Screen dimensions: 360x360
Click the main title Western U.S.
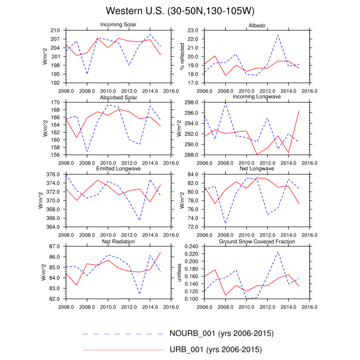pyautogui.click(x=181, y=11)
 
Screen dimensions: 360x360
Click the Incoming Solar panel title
pyautogui.click(x=118, y=25)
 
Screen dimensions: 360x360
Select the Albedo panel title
pyautogui.click(x=257, y=25)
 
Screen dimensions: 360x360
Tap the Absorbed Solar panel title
pyautogui.click(x=118, y=97)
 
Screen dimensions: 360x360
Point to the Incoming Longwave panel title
pyautogui.click(x=257, y=97)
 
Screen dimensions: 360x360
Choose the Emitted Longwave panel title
pyautogui.click(x=118, y=169)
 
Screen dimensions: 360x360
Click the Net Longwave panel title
pyautogui.click(x=257, y=169)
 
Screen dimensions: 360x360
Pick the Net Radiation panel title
pyautogui.click(x=118, y=241)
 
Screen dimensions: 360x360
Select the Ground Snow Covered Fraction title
pyautogui.click(x=257, y=241)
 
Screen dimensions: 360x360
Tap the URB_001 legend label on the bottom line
pyautogui.click(x=215, y=350)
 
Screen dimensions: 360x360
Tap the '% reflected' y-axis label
pyautogui.click(x=182, y=57)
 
